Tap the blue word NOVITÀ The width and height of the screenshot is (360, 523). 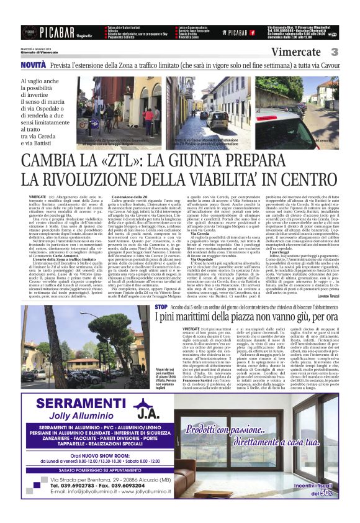(33, 65)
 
